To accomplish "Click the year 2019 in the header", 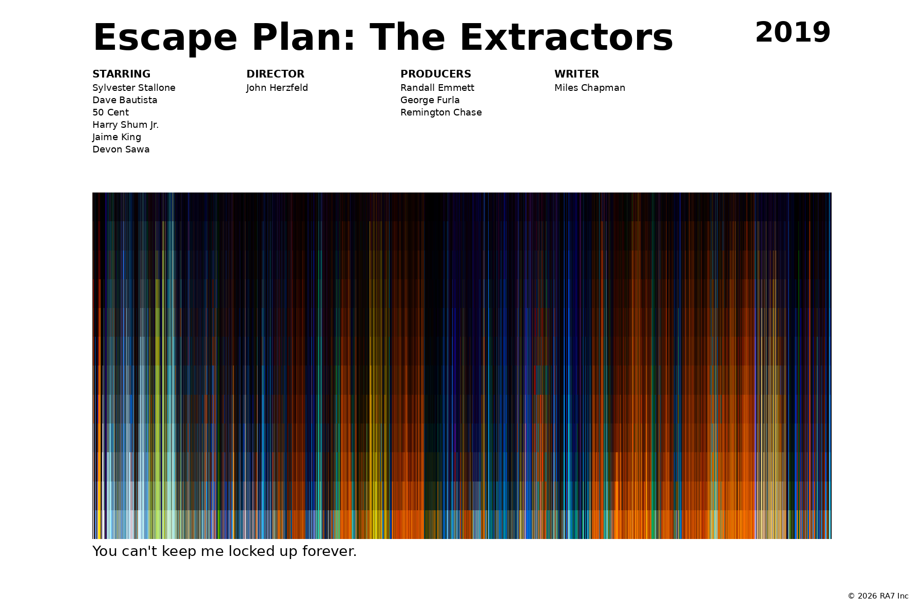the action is coord(793,33).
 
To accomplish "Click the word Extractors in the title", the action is coord(566,38).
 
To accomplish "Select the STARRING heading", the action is coord(121,74).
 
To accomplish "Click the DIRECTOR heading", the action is coord(275,74).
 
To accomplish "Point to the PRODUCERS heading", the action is coord(435,74).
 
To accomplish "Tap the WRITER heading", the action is coord(576,74).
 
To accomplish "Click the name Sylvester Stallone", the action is coord(134,88).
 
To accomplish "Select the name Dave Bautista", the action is coord(125,100).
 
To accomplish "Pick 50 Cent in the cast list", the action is coord(110,112).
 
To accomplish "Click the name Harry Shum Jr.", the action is coord(125,125).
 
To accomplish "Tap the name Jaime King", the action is coord(117,137).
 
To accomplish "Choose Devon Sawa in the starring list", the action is coord(121,149).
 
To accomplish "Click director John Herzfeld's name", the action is coord(277,88).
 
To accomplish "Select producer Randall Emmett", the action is coord(437,88).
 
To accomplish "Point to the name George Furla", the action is coord(430,100).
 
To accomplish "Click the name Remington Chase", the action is coord(441,112).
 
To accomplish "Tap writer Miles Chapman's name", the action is coord(590,88).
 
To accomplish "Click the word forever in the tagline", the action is coord(329,551).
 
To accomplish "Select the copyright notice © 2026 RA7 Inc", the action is coord(878,596).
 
